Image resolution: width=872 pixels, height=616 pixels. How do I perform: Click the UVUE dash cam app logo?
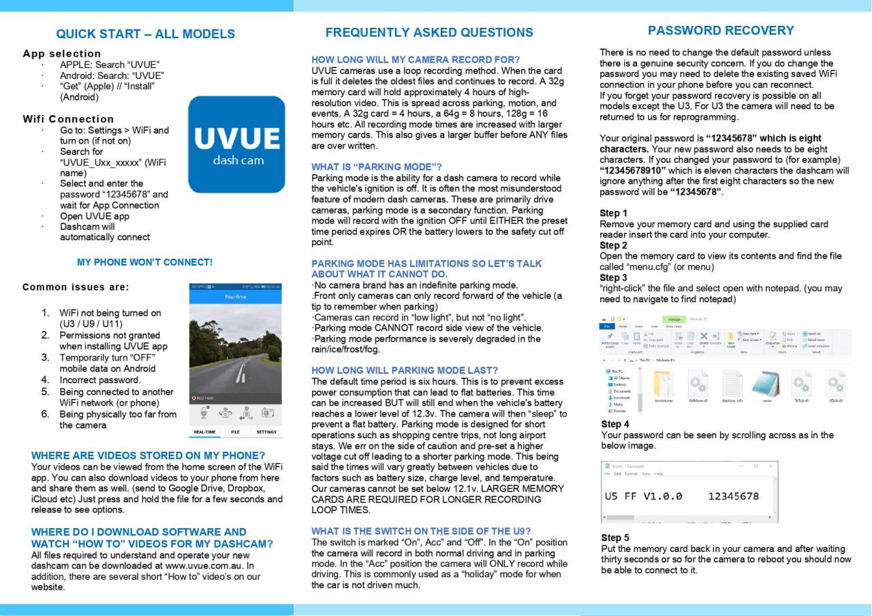click(x=236, y=144)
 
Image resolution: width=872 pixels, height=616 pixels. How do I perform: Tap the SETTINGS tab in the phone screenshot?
click(x=266, y=432)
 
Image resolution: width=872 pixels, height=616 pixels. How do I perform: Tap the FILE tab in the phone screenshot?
click(x=235, y=432)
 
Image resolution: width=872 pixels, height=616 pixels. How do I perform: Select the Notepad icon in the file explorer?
click(x=766, y=385)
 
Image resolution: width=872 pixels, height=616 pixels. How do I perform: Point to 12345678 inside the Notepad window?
click(x=733, y=496)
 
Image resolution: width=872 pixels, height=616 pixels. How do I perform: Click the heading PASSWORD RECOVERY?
click(x=721, y=31)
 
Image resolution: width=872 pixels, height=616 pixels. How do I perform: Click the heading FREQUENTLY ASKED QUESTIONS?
click(x=429, y=33)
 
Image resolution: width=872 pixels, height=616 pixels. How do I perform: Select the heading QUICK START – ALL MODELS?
click(x=145, y=34)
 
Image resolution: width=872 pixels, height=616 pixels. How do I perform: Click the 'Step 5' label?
click(x=615, y=538)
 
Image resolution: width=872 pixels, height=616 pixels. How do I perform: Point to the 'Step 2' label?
click(x=614, y=245)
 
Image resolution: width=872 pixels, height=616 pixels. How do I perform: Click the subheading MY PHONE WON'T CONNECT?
click(x=144, y=262)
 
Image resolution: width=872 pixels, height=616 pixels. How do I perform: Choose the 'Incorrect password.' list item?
click(x=100, y=380)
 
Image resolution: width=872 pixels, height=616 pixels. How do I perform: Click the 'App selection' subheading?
click(x=61, y=54)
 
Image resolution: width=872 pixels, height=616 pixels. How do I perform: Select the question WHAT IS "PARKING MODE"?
click(x=377, y=167)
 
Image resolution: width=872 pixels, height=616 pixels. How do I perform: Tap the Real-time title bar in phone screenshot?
click(x=235, y=297)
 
